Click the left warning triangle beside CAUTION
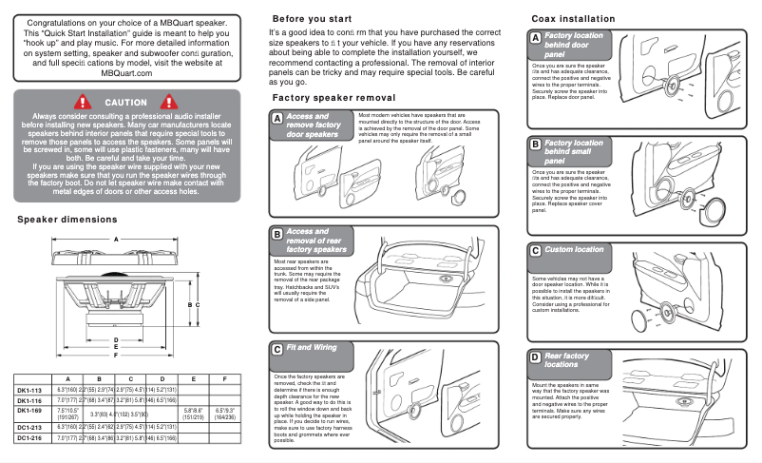83,102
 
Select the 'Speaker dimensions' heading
67,220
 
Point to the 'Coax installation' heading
573,19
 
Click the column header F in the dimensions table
224,378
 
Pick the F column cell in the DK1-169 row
224,414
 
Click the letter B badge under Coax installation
536,145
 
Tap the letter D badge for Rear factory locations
536,357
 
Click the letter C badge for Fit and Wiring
276,349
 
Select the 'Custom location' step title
573,250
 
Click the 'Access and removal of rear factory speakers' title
315,241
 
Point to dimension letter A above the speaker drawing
117,239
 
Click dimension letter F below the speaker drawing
115,355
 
